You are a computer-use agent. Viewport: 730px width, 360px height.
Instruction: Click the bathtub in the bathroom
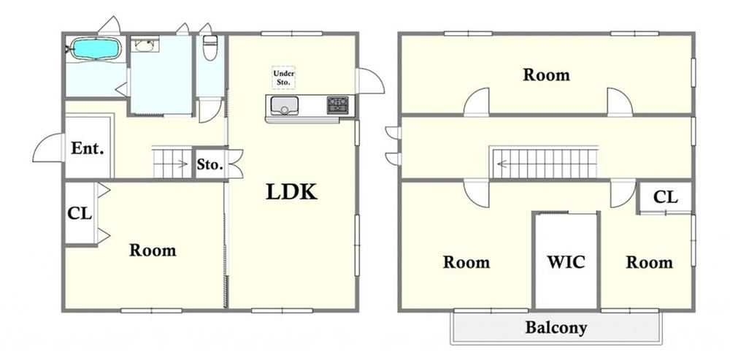96,48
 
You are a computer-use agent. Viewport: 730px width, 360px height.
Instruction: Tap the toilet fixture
210,47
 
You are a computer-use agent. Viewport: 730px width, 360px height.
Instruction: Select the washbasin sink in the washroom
145,45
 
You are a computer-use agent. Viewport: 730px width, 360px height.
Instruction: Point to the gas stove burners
337,104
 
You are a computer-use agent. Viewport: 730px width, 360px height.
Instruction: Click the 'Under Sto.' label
283,78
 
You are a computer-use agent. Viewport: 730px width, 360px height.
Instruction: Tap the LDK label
291,192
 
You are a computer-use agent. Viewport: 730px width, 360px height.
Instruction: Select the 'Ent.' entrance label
87,149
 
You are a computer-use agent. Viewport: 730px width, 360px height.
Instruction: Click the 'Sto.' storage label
210,164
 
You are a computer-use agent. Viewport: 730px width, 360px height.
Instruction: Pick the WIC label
566,262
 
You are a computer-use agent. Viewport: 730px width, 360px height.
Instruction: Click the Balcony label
556,328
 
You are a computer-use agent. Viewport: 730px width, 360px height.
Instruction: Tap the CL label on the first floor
80,213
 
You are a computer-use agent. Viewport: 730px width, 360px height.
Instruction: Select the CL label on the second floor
665,197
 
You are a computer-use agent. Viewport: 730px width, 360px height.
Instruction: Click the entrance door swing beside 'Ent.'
48,148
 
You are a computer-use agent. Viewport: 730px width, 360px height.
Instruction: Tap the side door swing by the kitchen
371,80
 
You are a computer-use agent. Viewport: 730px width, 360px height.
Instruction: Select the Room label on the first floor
153,250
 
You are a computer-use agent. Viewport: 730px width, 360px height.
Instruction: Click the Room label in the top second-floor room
546,74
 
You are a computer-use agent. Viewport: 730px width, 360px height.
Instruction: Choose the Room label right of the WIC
650,262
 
